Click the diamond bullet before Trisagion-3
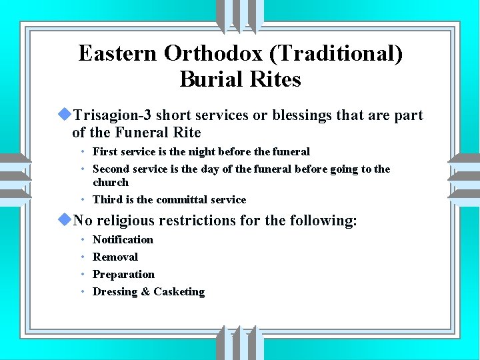(x=65, y=115)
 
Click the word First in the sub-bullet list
(x=105, y=152)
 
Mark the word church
(x=111, y=182)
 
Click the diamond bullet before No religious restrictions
(x=65, y=219)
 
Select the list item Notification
(x=123, y=240)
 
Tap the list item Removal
(x=115, y=257)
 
